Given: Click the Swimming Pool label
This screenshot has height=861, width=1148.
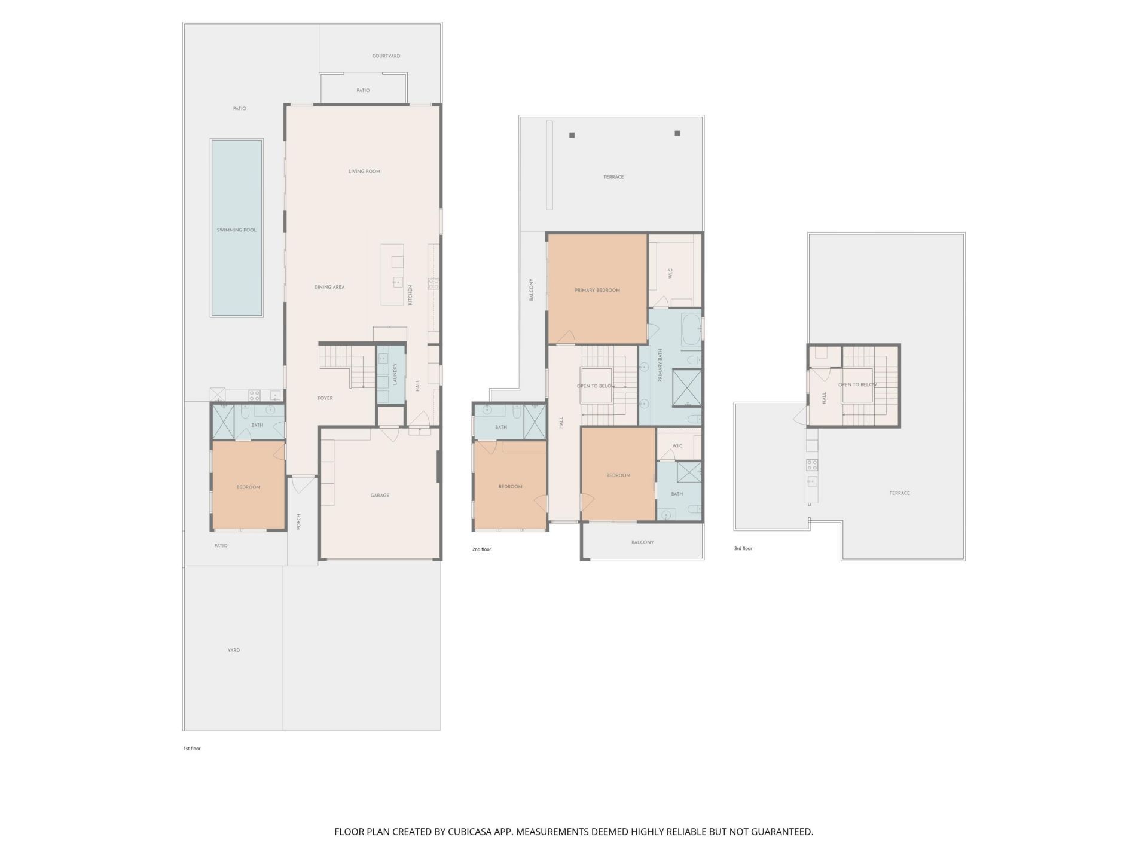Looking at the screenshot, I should (236, 230).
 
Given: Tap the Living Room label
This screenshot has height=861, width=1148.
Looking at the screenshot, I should (364, 172).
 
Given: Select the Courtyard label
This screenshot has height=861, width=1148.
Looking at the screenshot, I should (386, 56).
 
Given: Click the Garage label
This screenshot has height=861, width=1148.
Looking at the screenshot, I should (380, 496).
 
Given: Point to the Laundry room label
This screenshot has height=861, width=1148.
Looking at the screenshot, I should (395, 374).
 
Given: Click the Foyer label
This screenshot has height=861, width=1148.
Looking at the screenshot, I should (325, 398).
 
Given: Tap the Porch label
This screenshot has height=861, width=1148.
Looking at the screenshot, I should (298, 521).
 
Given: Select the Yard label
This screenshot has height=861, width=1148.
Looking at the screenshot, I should (233, 650).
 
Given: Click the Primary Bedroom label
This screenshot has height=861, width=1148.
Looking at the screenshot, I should (597, 291).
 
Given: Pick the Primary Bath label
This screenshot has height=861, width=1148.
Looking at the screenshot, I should (660, 365).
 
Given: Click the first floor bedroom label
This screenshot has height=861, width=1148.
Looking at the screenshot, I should (248, 487).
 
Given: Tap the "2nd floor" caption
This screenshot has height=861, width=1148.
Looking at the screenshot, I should (481, 549).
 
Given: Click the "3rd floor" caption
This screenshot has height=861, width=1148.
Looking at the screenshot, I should (743, 548).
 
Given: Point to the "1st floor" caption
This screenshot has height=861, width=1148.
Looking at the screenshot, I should (191, 749).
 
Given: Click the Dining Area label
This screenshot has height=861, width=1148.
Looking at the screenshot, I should (329, 287).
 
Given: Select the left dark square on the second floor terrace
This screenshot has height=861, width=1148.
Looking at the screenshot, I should (572, 136).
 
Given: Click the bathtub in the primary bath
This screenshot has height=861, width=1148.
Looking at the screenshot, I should (692, 328).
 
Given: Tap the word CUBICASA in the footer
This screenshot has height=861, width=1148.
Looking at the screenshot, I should (470, 832).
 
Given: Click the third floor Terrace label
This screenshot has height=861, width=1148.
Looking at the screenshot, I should (899, 493).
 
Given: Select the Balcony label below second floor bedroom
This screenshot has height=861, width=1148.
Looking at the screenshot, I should (642, 542).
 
